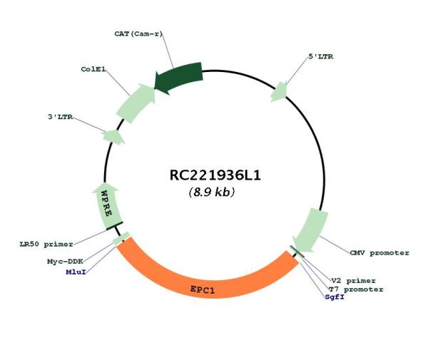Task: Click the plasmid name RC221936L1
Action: coord(215,175)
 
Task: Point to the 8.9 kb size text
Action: coord(212,192)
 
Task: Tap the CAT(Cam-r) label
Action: coord(138,34)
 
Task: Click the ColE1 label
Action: coord(93,69)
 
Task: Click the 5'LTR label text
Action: coord(321,56)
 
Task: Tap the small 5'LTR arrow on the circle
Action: coord(279,92)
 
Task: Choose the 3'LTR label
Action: coord(61,117)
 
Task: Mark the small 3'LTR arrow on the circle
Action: coord(113,137)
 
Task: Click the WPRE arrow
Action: coord(108,205)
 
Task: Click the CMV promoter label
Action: coord(379,253)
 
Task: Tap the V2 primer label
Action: coord(354,281)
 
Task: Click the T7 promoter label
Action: coord(356,289)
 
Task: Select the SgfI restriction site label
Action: coord(335,297)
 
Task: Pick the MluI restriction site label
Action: coord(76,272)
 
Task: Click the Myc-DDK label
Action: coord(65,262)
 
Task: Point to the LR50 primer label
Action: coord(46,244)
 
